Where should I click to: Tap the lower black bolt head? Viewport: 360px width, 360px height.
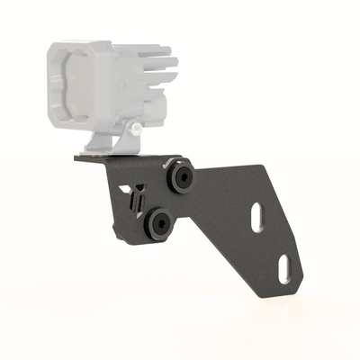[163, 223]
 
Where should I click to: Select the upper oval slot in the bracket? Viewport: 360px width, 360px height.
[256, 217]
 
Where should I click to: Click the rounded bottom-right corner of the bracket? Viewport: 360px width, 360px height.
[293, 286]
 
